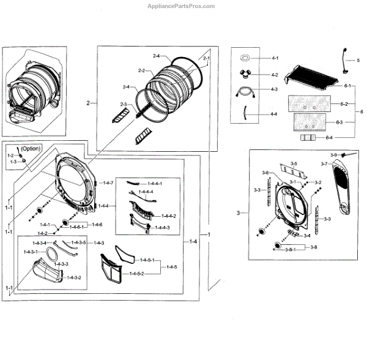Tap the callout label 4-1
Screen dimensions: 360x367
[275, 58]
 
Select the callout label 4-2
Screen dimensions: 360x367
[275, 75]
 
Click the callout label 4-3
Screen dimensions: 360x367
[275, 90]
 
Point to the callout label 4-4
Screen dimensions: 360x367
[275, 114]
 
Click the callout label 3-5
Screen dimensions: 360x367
[294, 164]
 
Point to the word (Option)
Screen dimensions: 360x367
[31, 149]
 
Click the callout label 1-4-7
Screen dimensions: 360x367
[108, 183]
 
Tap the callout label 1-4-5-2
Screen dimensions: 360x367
[137, 273]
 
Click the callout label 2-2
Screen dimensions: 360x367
[141, 70]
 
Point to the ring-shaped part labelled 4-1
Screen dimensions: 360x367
[247, 59]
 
